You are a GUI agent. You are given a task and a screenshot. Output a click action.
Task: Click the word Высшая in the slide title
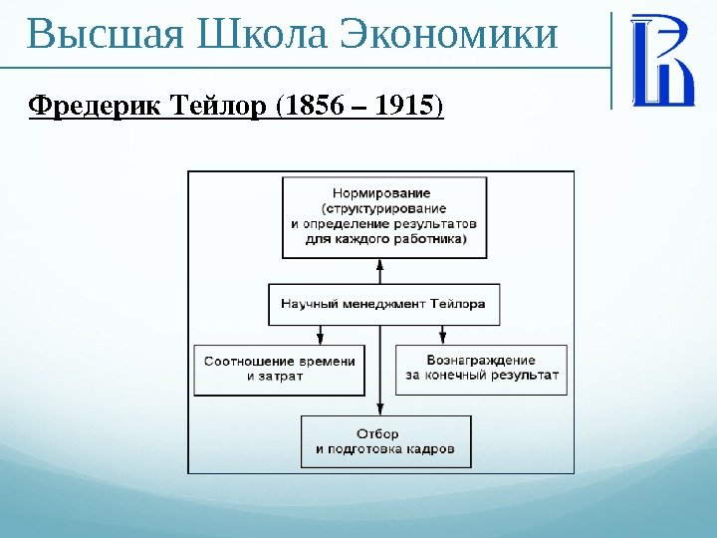coord(106,35)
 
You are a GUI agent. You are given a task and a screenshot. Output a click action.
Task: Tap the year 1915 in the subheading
coord(401,105)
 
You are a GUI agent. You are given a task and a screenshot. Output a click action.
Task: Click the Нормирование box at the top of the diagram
coord(384,216)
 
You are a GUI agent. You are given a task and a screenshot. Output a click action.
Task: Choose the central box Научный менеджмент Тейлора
coord(383,304)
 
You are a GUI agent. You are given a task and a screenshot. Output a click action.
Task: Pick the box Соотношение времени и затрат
coord(279,370)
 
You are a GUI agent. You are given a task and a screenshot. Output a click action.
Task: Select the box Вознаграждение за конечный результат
coord(482,369)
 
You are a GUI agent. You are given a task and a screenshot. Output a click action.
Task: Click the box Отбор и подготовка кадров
coord(385,441)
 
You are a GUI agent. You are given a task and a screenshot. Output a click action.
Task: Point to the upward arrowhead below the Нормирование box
coord(380,264)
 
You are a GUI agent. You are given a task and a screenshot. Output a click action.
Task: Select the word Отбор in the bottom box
coord(377,433)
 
